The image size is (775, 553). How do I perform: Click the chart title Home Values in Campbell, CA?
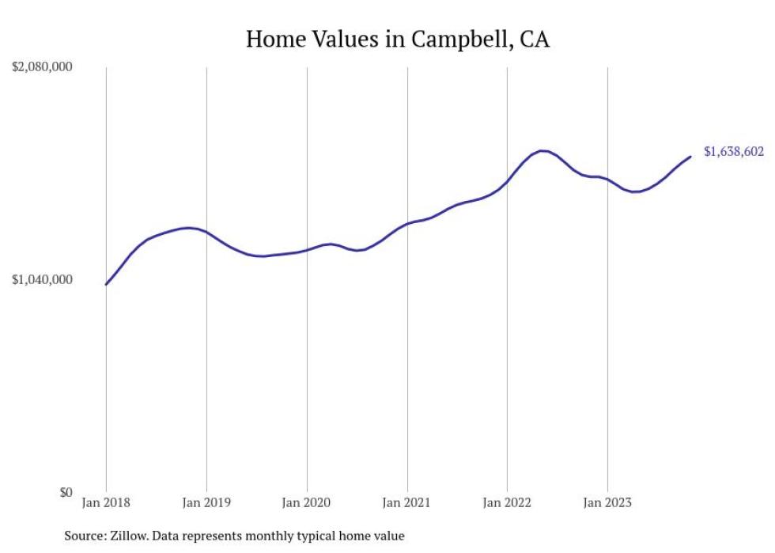pyautogui.click(x=397, y=39)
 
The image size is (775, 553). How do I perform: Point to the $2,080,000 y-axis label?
pyautogui.click(x=42, y=67)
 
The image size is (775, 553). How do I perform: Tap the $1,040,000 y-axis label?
pyautogui.click(x=42, y=279)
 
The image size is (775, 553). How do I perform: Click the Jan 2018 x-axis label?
pyautogui.click(x=106, y=502)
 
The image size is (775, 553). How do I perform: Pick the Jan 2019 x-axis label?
pyautogui.click(x=206, y=502)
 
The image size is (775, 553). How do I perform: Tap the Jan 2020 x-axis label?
pyautogui.click(x=307, y=502)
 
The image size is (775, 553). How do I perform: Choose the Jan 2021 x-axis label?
pyautogui.click(x=407, y=502)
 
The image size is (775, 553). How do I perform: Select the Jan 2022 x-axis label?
pyautogui.click(x=507, y=502)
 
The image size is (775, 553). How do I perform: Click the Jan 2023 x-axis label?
pyautogui.click(x=607, y=502)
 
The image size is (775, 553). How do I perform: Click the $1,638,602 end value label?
pyautogui.click(x=734, y=152)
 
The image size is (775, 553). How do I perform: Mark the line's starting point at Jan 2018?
pyautogui.click(x=106, y=284)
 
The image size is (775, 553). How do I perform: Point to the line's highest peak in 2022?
pyautogui.click(x=542, y=150)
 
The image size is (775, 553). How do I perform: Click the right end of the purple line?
pyautogui.click(x=690, y=157)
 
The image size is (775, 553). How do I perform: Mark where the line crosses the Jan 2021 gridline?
pyautogui.click(x=407, y=224)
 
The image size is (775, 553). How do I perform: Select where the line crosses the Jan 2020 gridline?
pyautogui.click(x=307, y=249)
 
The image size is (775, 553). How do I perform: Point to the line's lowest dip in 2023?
pyautogui.click(x=634, y=191)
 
